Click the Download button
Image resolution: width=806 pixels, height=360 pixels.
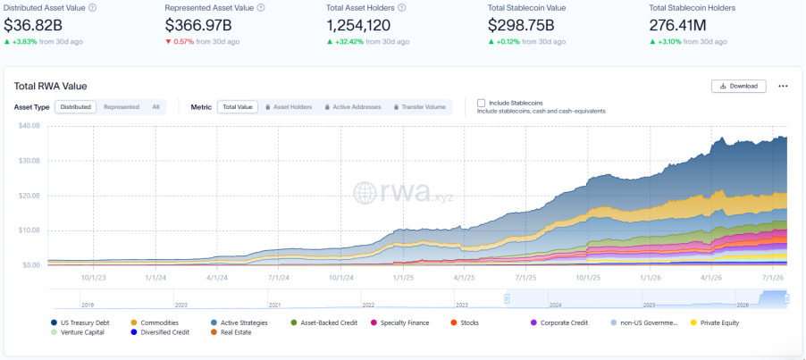pyautogui.click(x=739, y=86)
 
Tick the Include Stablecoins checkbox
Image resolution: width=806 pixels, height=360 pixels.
pyautogui.click(x=481, y=103)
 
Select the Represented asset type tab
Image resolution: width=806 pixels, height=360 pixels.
pyautogui.click(x=122, y=107)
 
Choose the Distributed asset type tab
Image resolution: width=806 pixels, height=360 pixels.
pyautogui.click(x=76, y=107)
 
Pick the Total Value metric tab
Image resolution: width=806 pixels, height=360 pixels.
pyautogui.click(x=238, y=107)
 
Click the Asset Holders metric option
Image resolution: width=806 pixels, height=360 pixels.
pyautogui.click(x=289, y=107)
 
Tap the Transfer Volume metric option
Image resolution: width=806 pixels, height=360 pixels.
pyautogui.click(x=420, y=107)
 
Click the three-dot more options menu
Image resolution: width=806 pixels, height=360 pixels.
pyautogui.click(x=783, y=87)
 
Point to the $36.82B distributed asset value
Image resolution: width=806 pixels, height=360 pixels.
pyautogui.click(x=33, y=25)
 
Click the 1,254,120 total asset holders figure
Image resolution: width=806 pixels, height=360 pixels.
pyautogui.click(x=359, y=25)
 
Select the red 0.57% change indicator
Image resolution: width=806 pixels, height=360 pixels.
pyautogui.click(x=180, y=42)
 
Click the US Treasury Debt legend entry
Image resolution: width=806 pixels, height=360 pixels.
pyautogui.click(x=80, y=323)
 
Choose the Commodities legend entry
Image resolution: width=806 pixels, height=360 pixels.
pyautogui.click(x=155, y=323)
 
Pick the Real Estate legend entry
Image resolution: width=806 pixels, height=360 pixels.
pyautogui.click(x=231, y=332)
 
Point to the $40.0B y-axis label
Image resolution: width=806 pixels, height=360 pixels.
pyautogui.click(x=29, y=125)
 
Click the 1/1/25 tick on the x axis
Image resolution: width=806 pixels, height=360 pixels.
pyautogui.click(x=403, y=276)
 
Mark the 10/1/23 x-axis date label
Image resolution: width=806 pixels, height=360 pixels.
pyautogui.click(x=94, y=276)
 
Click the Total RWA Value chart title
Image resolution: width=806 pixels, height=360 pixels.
pyautogui.click(x=50, y=87)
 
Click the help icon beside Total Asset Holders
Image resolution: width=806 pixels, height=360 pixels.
pyautogui.click(x=402, y=8)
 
